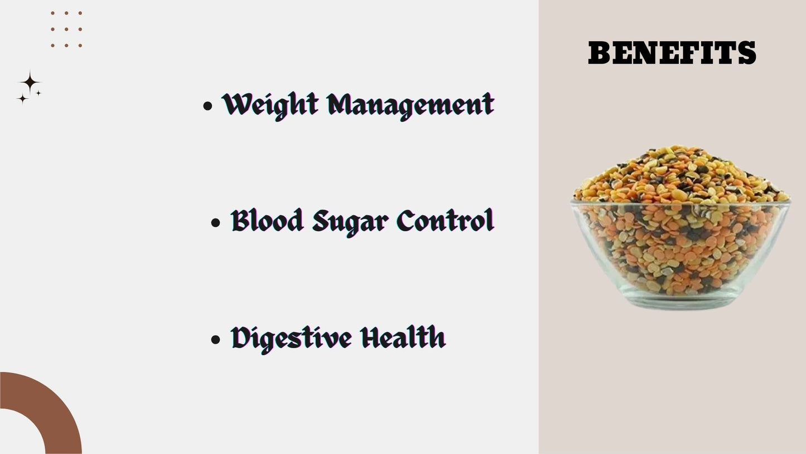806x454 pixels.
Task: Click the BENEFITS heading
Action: (x=672, y=52)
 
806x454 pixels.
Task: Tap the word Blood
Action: (x=267, y=220)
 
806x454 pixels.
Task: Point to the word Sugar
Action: (x=350, y=223)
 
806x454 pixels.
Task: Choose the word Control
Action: (x=446, y=220)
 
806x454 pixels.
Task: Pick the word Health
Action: (x=403, y=337)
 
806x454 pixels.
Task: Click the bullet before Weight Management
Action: (x=207, y=106)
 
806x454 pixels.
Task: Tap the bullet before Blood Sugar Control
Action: (x=215, y=223)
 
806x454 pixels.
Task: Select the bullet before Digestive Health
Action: (x=215, y=340)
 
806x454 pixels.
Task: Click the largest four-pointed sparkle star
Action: (x=30, y=83)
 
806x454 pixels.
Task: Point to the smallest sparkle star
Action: (x=38, y=93)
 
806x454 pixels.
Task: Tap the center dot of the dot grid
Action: (x=66, y=29)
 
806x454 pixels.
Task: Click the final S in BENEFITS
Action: (x=747, y=52)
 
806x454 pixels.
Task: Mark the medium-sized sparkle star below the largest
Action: (x=22, y=99)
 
